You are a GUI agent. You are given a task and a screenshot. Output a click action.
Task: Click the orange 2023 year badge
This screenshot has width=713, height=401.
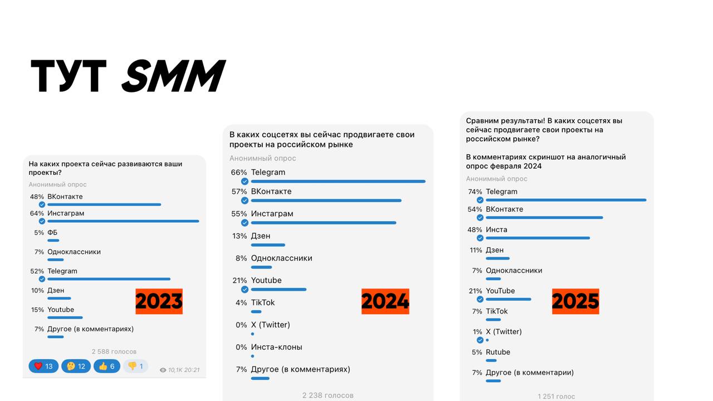coord(159,301)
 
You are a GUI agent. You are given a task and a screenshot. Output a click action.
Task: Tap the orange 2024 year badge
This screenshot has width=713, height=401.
coord(385,301)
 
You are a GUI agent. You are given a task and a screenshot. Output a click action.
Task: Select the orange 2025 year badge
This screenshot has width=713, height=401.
coord(575,301)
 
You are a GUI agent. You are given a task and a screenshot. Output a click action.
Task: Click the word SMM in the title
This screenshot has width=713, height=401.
coord(173,76)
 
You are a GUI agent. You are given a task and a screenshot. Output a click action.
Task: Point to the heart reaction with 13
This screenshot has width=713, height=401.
coord(43,366)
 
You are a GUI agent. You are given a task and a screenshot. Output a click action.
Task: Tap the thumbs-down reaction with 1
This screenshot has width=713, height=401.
coord(135,366)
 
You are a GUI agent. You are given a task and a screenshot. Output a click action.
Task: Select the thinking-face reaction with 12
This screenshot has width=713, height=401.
coord(76,366)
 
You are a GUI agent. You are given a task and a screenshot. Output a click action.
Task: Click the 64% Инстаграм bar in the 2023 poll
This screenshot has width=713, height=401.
coord(123,221)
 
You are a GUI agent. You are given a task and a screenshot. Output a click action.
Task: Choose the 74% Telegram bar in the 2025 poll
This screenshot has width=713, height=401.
coord(566,199)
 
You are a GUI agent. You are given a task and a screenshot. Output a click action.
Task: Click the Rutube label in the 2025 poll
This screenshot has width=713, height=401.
coord(498,352)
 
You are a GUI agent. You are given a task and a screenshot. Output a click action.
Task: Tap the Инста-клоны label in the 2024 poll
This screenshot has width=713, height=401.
coord(277,347)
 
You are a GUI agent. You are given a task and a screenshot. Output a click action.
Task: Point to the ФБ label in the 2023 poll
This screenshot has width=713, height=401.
coord(52,233)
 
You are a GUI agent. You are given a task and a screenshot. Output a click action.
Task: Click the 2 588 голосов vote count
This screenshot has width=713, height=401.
coord(114,351)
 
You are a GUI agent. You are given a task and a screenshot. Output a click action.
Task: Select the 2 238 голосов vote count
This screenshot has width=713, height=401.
coord(328,395)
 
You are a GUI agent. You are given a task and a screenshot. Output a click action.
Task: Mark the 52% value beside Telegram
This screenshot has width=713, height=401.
coord(37,271)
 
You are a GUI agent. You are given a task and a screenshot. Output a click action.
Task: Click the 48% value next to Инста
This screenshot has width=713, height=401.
coord(475,229)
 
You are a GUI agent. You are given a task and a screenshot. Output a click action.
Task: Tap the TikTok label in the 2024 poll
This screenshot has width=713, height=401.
coord(263,302)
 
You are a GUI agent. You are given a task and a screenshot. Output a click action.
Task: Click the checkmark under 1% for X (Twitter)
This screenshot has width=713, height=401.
coord(480,340)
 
